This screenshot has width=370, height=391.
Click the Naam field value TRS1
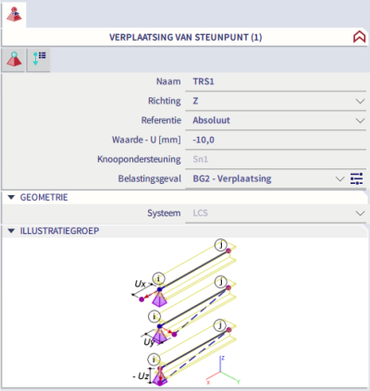pos(203,81)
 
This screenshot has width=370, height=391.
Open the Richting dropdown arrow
pos(360,101)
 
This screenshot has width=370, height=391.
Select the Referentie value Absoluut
pos(212,120)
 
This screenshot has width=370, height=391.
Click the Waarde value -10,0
pos(203,140)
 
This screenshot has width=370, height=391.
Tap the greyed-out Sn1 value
pos(201,159)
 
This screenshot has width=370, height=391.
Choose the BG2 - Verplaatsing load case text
pos(232,178)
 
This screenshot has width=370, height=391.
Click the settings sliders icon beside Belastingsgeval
pos(356,178)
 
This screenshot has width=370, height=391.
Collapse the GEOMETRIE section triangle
pos(11,197)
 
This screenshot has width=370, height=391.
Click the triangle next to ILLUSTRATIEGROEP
pos(11,231)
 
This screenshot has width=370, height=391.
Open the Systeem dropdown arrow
pos(360,214)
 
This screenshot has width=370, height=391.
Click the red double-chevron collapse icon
pos(359,37)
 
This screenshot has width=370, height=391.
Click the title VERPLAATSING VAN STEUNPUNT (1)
pos(186,38)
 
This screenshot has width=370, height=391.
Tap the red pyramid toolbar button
pos(14,59)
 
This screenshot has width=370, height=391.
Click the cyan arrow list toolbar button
pos(39,59)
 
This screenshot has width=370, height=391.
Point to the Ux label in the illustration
pos(141,284)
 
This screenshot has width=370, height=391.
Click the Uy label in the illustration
pos(149,342)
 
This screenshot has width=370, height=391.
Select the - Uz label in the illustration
pos(141,376)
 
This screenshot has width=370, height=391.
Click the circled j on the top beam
pos(221,245)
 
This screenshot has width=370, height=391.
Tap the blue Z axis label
pos(223,358)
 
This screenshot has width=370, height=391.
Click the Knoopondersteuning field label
pos(139,159)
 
